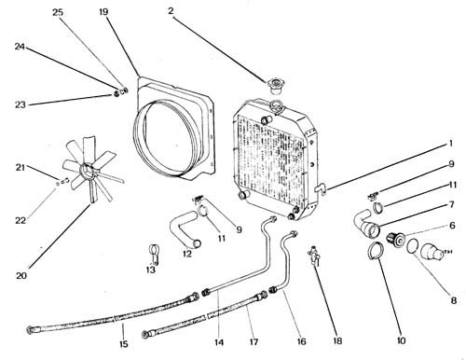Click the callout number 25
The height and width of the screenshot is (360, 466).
(x=58, y=13)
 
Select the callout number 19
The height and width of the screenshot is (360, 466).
(x=103, y=12)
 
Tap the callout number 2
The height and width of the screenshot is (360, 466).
(x=171, y=11)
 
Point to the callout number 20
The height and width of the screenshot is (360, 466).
(x=21, y=275)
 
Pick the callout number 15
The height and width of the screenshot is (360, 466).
(x=123, y=344)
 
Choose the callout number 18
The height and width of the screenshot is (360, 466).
(x=337, y=340)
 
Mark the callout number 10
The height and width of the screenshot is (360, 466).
(x=401, y=340)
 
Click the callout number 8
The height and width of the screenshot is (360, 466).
(x=454, y=300)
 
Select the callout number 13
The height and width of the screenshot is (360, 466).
(x=151, y=270)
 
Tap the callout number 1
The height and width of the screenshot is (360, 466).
(x=450, y=144)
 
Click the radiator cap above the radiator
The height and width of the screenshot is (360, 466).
(x=274, y=86)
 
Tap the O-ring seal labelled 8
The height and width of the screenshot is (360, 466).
(x=413, y=245)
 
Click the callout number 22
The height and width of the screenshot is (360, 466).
(x=21, y=220)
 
